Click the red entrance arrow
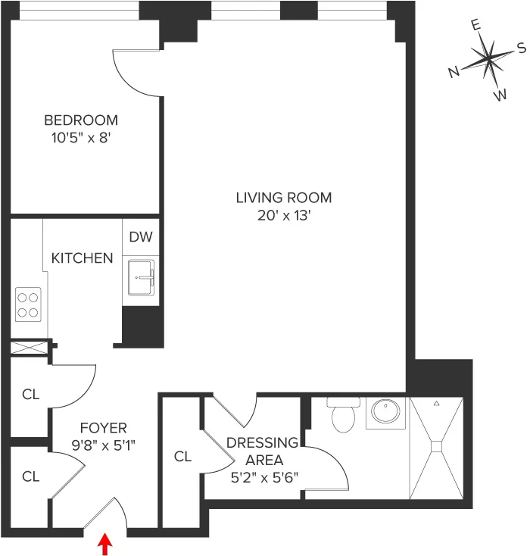pyautogui.click(x=105, y=545)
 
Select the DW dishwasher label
pyautogui.click(x=140, y=237)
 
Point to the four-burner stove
pyautogui.click(x=28, y=305)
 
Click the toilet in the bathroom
pyautogui.click(x=343, y=416)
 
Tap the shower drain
pyautogui.click(x=437, y=448)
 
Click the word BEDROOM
pyautogui.click(x=81, y=120)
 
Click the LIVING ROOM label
pyautogui.click(x=284, y=198)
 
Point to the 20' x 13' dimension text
pyautogui.click(x=284, y=216)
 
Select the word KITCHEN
pyautogui.click(x=82, y=258)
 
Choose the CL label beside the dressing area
pyautogui.click(x=182, y=457)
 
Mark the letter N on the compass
pyautogui.click(x=454, y=72)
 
